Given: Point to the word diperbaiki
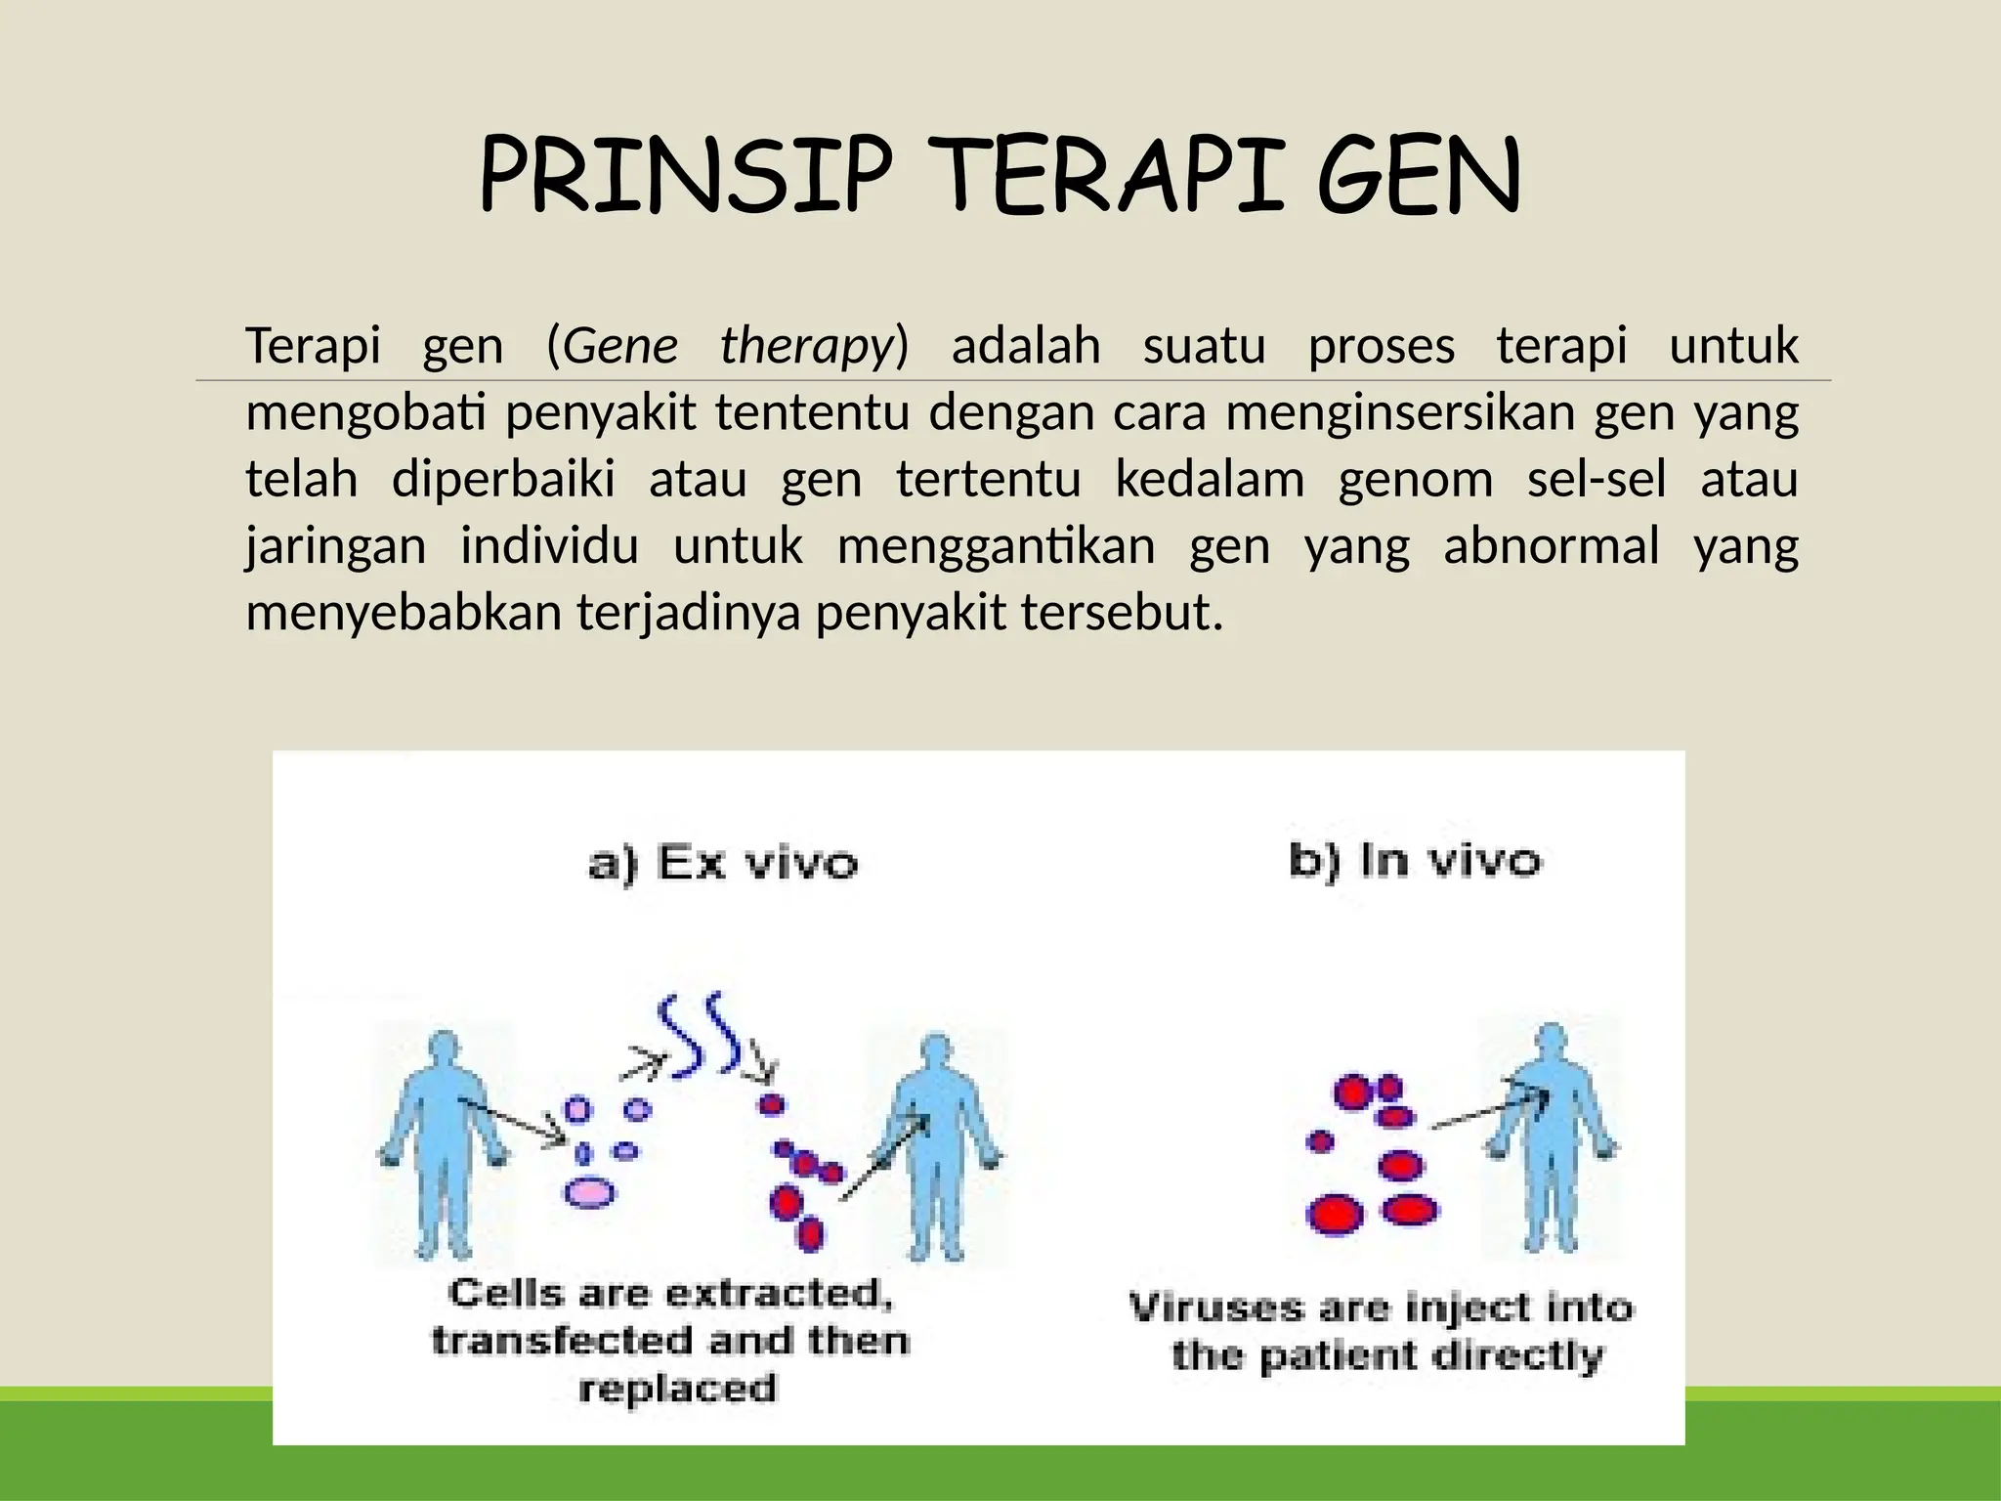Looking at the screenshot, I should pos(503,480).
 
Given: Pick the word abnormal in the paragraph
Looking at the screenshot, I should pos(1551,545).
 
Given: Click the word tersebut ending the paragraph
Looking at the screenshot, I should pos(1121,613).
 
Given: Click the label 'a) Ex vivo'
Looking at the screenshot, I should pos(723,864).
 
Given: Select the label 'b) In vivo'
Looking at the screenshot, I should pos(1414,861).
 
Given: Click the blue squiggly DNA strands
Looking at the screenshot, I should pos(700,1036).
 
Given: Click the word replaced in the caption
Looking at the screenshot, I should pos(677,1388).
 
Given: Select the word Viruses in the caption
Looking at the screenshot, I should pos(1215,1308).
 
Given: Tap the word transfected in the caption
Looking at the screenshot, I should pos(563,1340).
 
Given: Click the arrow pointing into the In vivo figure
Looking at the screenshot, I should pos(1490,1112).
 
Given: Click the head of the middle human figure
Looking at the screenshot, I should pos(936,1051).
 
